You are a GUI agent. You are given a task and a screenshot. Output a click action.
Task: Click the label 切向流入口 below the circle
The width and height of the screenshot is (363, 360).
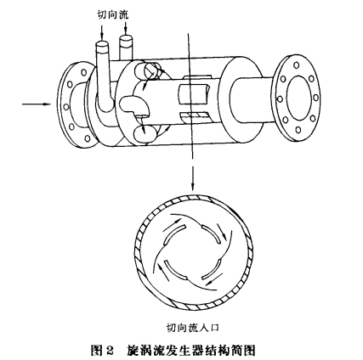193,328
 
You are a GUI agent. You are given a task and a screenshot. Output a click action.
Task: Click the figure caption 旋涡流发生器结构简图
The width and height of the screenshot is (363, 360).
190,350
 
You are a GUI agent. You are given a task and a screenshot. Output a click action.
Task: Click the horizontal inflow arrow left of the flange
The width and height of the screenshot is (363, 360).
37,104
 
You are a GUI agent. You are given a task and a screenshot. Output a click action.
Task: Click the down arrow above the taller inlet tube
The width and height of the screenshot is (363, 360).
102,31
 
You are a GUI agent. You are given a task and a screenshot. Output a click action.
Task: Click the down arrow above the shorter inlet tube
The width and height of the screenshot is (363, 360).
126,28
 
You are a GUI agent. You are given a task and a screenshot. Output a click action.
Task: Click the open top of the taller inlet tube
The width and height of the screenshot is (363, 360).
101,44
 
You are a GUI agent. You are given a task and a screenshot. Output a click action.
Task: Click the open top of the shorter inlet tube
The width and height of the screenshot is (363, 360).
126,39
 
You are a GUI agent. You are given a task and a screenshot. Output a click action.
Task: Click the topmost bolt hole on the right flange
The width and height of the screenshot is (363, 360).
296,65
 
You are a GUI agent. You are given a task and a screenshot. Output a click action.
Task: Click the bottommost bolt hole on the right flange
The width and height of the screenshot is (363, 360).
298,130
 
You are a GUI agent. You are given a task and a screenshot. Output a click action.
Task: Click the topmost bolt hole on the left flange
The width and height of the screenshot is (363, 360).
84,72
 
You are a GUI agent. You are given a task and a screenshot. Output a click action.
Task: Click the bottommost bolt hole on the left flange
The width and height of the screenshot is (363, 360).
88,138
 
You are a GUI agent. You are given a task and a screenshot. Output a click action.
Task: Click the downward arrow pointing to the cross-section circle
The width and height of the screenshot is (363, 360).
193,177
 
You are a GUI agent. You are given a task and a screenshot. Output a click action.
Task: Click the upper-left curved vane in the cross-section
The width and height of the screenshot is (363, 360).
173,233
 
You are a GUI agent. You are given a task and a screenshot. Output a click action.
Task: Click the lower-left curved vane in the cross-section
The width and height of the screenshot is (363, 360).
173,272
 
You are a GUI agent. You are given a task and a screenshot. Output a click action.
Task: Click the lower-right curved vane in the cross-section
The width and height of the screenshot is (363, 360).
212,269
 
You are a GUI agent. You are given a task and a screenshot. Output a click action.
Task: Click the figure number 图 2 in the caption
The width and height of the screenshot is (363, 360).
102,351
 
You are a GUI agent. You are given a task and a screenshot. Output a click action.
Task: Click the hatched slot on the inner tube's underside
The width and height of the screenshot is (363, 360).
194,115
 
